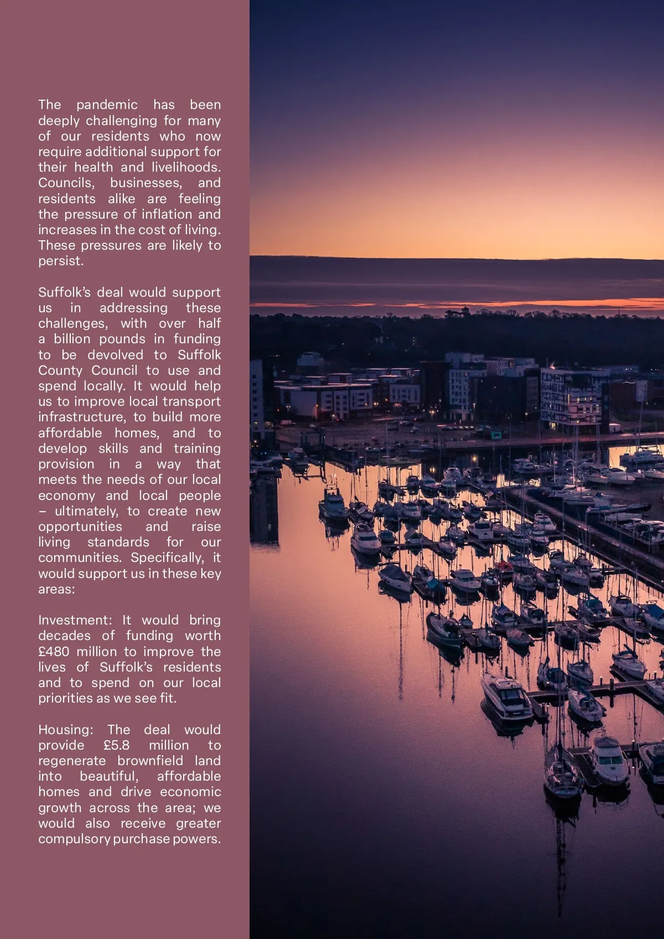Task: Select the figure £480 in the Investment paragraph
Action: pyautogui.click(x=54, y=652)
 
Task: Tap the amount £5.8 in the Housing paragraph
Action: pyautogui.click(x=116, y=745)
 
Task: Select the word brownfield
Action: pyautogui.click(x=150, y=761)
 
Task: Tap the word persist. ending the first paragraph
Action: pyautogui.click(x=61, y=261)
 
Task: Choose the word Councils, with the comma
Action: pyautogui.click(x=66, y=183)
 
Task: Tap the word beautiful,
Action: pyautogui.click(x=109, y=776)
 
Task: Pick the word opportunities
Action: pyautogui.click(x=80, y=527)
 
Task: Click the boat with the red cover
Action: pyautogui.click(x=503, y=565)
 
